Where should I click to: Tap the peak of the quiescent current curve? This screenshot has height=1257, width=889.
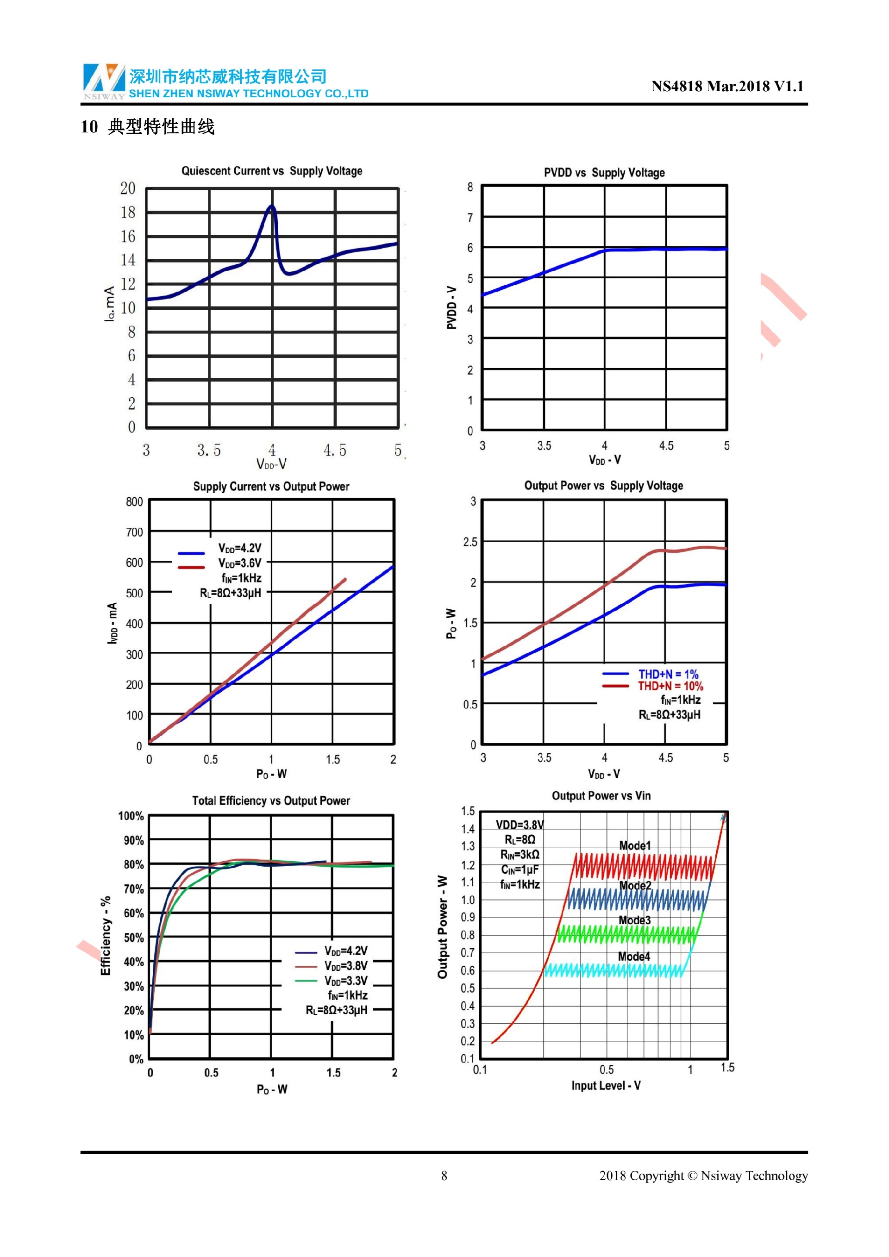tap(271, 206)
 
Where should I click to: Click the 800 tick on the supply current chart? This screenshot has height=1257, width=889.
tap(134, 501)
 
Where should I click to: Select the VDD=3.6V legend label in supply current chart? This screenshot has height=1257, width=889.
tap(240, 563)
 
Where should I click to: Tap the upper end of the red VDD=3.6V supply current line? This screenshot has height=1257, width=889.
tap(345, 579)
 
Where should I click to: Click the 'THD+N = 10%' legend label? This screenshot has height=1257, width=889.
tap(670, 686)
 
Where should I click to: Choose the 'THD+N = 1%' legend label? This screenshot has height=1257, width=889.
tap(668, 674)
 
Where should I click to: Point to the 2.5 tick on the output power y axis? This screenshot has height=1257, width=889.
tap(470, 542)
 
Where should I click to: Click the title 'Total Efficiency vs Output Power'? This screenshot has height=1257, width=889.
tap(271, 800)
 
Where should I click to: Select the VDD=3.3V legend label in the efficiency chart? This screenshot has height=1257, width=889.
tap(345, 981)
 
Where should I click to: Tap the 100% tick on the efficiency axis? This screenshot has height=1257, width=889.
tap(131, 816)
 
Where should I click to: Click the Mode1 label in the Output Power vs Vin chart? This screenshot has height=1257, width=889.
tap(635, 845)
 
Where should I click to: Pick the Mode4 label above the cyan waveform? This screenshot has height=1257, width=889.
tap(634, 957)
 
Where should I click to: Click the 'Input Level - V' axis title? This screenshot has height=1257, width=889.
tap(606, 1086)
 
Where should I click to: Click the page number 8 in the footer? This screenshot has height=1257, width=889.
tap(444, 1176)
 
